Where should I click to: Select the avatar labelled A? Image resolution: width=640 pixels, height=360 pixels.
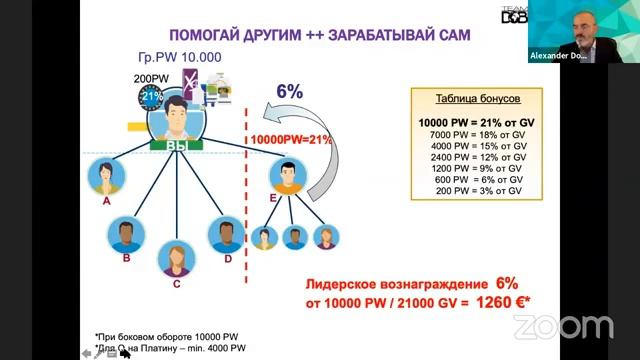point(106,177)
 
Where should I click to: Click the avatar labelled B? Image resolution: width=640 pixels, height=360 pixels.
point(127,236)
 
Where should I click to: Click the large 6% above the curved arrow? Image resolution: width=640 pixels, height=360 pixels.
point(290,91)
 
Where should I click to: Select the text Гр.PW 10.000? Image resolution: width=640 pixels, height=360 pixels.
point(180,57)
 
